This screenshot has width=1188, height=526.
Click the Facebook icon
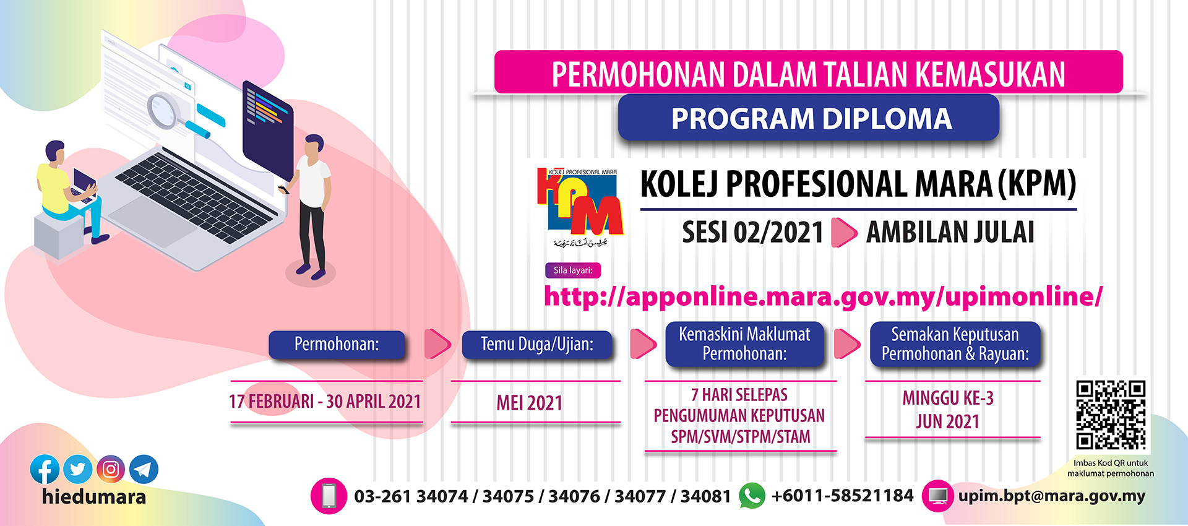45,470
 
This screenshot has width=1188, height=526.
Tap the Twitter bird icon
78,470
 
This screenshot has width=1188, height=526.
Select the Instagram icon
111,470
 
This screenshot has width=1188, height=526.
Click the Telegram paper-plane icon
144,470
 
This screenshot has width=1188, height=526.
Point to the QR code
1111,415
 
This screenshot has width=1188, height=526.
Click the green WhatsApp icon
752,496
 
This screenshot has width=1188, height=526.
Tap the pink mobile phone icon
329,496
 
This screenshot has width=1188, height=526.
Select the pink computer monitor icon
939,496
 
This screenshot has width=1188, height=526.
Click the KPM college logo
580,207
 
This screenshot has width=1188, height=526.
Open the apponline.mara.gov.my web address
823,296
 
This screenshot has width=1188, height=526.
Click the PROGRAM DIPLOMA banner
809,118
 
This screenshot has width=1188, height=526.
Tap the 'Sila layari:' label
573,270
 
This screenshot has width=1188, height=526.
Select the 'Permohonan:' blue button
337,344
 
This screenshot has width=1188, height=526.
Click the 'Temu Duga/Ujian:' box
537,344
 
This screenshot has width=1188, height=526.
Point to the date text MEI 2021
530,403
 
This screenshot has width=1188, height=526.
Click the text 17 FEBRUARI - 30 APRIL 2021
325,402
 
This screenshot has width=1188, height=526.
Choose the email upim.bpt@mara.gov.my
1052,496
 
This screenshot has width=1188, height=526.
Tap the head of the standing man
314,146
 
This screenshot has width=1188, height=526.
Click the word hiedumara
94,497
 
